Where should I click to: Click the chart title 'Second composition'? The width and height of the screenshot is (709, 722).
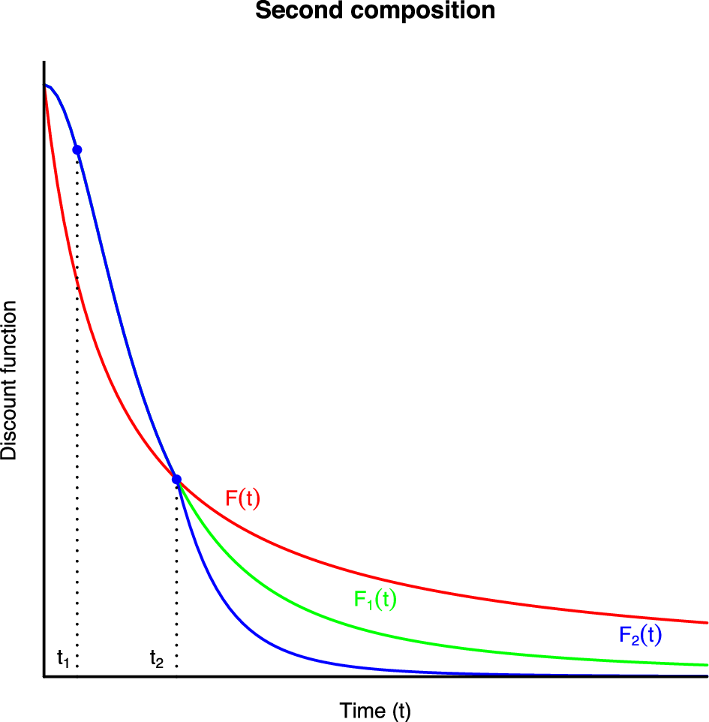tap(375, 11)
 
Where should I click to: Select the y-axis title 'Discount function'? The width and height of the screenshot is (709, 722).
tap(9, 381)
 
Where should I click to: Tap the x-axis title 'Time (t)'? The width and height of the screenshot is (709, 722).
tap(375, 710)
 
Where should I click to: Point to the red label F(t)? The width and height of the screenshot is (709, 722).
tap(242, 499)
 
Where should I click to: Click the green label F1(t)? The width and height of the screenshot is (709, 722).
tap(375, 600)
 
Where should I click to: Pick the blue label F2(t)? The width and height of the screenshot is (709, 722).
tap(640, 636)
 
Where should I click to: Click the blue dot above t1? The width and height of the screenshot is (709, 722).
tap(77, 150)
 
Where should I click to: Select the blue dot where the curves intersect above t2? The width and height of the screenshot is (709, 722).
tap(176, 480)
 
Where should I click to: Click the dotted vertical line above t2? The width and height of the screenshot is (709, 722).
tap(176, 578)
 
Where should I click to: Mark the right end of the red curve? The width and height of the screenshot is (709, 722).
tap(706, 622)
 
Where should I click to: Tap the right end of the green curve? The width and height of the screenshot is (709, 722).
tap(706, 664)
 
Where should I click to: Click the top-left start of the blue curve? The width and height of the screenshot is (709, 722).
tap(46, 86)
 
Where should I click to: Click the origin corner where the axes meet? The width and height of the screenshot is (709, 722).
tap(44, 677)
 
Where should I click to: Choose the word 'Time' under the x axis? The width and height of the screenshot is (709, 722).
tap(357, 710)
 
